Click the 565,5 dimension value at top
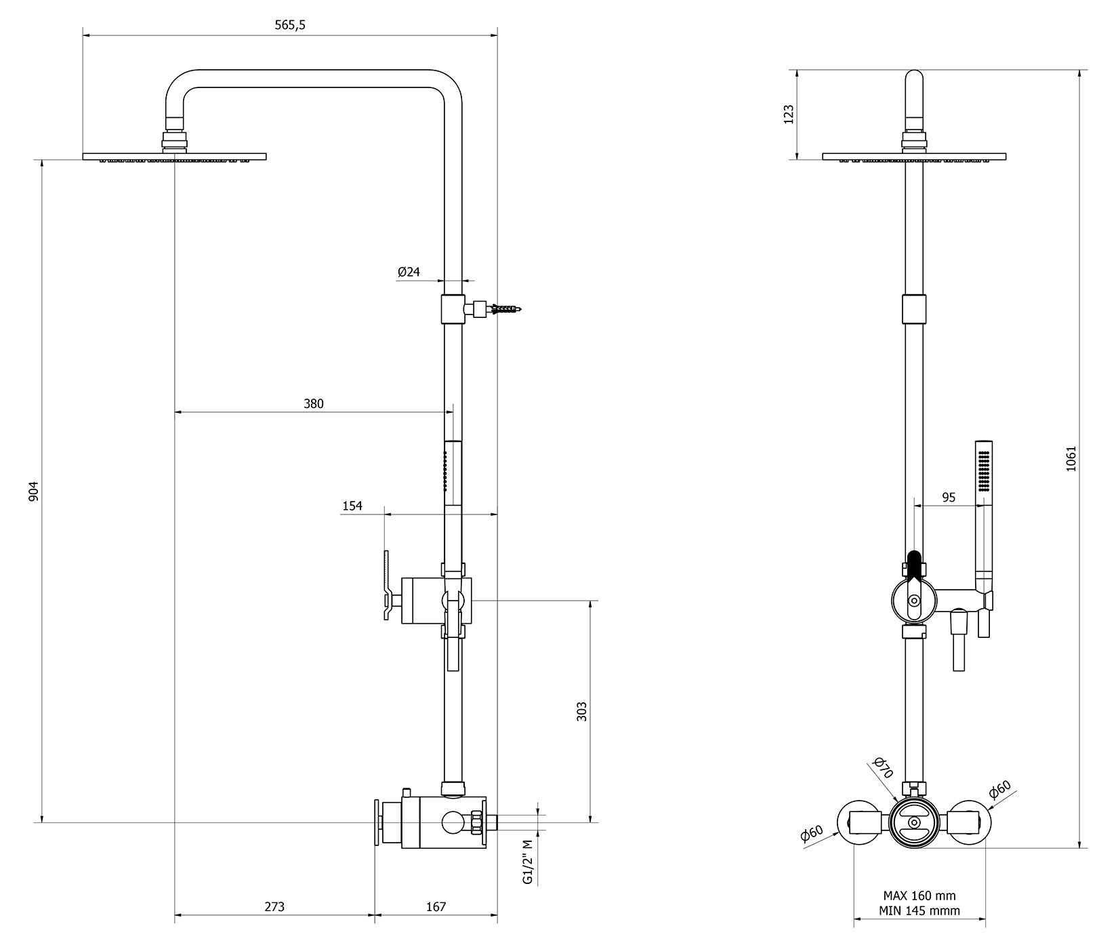coord(290,25)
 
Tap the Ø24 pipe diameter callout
coord(409,272)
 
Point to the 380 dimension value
coord(313,404)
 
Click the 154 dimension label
coord(352,506)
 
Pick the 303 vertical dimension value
coord(581,711)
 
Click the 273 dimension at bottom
coord(274,907)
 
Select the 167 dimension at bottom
coord(436,907)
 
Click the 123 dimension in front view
coord(788,114)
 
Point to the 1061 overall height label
coord(1071,459)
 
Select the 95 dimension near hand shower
coord(949,498)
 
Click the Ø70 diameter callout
coord(883,768)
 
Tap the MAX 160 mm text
coord(919,896)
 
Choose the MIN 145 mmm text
coord(919,911)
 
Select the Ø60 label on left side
coord(812,834)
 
